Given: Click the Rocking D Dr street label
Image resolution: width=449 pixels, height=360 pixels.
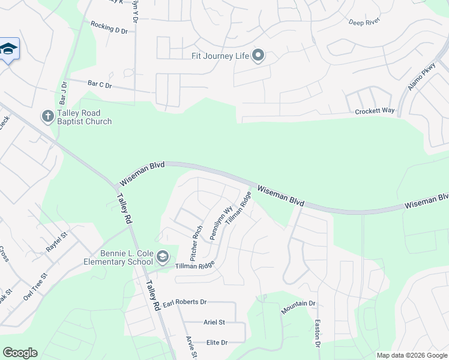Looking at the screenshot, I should click(110, 28).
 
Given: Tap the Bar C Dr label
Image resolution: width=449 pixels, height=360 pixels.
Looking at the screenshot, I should click(100, 85).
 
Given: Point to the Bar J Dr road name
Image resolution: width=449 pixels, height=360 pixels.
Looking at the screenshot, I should click(62, 92).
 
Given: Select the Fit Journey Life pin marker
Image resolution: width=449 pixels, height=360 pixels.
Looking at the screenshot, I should click(258, 56).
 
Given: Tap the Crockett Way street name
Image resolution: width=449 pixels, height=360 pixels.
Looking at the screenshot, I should click(375, 111).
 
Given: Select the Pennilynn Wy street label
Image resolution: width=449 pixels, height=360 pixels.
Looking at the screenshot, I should click(221, 223).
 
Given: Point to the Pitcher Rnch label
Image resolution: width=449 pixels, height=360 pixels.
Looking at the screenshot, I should click(197, 242).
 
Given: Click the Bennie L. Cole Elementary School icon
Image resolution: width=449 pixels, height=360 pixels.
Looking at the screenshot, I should click(163, 257).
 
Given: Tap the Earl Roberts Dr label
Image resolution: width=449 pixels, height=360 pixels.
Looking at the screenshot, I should click(184, 302).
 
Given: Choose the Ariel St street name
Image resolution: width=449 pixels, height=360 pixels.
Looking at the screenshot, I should click(214, 322).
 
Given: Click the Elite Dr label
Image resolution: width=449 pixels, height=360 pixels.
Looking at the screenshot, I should click(217, 343).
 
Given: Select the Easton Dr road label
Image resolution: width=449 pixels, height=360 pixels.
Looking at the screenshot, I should click(318, 333).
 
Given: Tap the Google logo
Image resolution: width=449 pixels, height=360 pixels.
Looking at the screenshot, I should click(20, 353).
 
